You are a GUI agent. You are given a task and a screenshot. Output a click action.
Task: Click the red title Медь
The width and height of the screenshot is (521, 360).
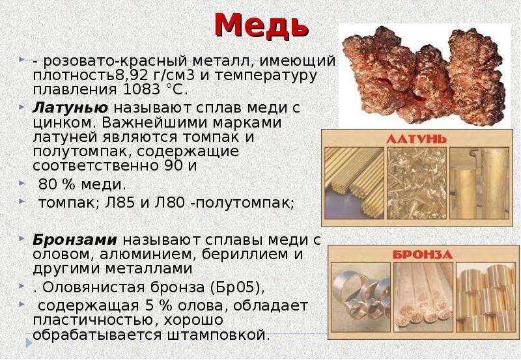point(262,25)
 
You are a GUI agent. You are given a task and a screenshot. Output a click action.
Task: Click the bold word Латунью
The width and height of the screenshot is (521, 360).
point(70,107)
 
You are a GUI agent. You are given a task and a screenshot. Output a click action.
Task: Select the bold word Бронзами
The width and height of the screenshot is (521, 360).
point(75,240)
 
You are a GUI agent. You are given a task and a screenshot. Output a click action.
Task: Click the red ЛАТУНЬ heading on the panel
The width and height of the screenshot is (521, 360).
point(416,139)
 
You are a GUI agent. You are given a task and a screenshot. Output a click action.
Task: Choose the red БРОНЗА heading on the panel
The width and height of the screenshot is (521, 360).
point(423,255)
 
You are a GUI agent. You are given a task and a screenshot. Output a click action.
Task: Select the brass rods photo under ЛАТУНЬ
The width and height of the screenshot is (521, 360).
point(354,183)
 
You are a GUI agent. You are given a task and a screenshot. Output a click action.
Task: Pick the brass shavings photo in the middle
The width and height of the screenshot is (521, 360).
point(417,183)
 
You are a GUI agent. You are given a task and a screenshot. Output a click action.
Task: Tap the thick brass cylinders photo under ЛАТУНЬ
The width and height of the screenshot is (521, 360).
point(479,183)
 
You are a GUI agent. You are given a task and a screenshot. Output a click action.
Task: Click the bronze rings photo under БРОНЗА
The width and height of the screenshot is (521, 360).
point(361,298)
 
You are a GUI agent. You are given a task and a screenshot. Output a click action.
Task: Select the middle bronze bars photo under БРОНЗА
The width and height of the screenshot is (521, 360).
point(423,298)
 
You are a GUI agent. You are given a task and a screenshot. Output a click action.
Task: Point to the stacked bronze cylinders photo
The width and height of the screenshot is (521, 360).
point(485,298)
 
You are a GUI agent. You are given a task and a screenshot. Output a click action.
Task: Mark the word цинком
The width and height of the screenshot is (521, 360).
point(63,123)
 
